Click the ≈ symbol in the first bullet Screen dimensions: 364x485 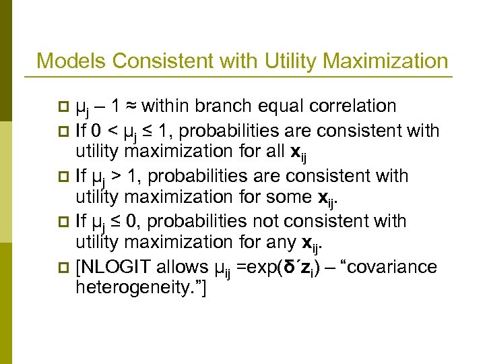tap(131, 107)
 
